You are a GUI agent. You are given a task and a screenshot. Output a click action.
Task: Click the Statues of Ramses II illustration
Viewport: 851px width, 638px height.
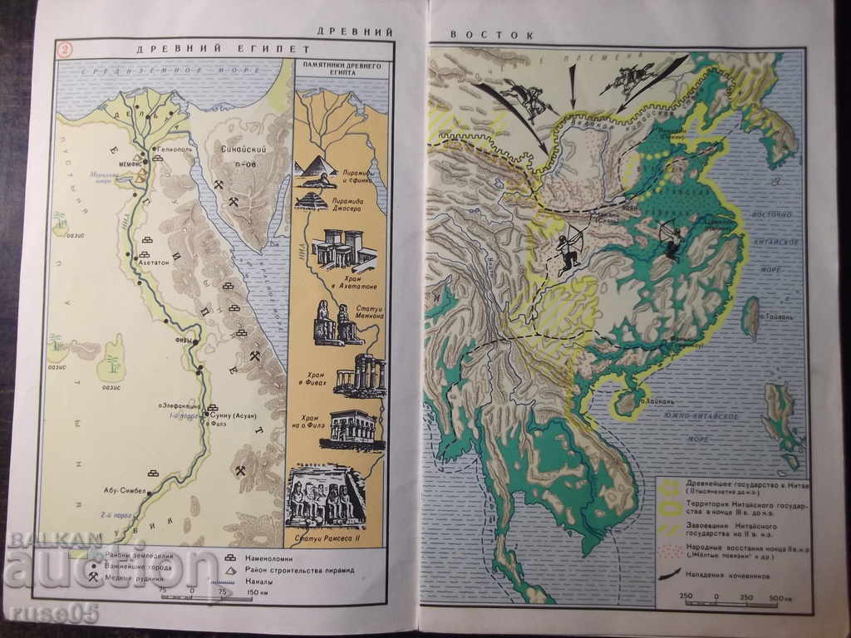click(326, 498)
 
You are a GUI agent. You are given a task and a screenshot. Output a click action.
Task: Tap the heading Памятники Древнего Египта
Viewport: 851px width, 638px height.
click(341, 69)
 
